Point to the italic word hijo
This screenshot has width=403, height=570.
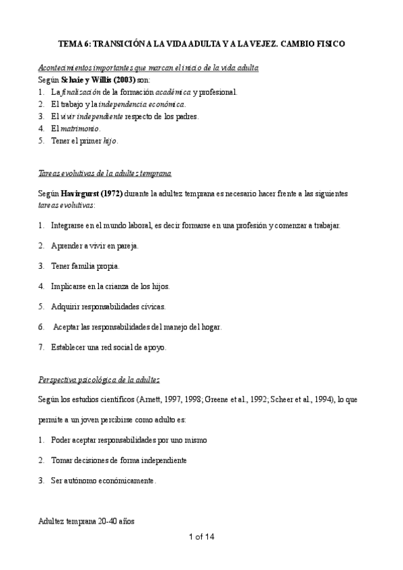point(110,140)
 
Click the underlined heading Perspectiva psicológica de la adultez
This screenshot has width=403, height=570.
point(99,380)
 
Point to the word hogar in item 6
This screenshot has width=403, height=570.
point(207,327)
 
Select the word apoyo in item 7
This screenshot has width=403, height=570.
point(153,348)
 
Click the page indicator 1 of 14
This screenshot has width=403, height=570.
point(201,536)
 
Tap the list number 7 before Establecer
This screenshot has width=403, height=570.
point(42,348)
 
